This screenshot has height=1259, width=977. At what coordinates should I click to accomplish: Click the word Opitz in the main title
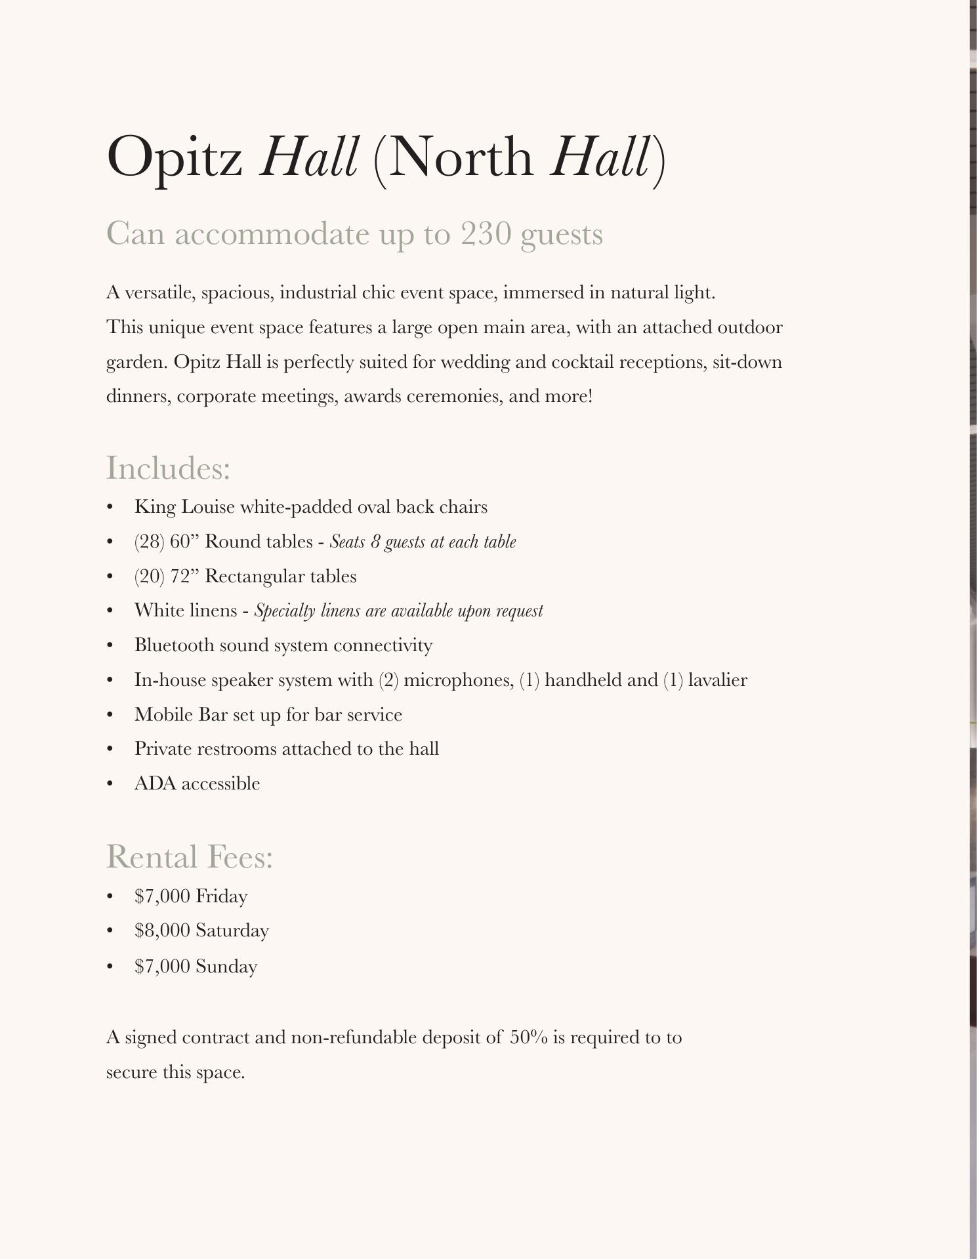click(x=174, y=157)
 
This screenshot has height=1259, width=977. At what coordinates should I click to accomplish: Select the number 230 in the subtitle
click(x=486, y=234)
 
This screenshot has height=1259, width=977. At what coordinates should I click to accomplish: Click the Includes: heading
click(x=168, y=468)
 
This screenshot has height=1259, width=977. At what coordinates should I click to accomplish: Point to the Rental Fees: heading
click(x=190, y=857)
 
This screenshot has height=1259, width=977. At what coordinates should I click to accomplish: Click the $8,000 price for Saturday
click(x=162, y=930)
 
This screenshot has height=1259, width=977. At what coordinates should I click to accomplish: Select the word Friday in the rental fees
click(x=221, y=896)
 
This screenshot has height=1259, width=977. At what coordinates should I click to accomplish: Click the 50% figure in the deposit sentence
click(x=528, y=1037)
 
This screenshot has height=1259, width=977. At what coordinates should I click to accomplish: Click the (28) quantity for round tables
click(x=149, y=542)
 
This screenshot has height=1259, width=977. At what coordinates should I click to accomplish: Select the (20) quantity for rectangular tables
click(x=149, y=576)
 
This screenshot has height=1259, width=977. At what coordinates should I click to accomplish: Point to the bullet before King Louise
click(x=110, y=508)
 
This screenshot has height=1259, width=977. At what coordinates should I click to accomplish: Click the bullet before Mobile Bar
click(x=110, y=715)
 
